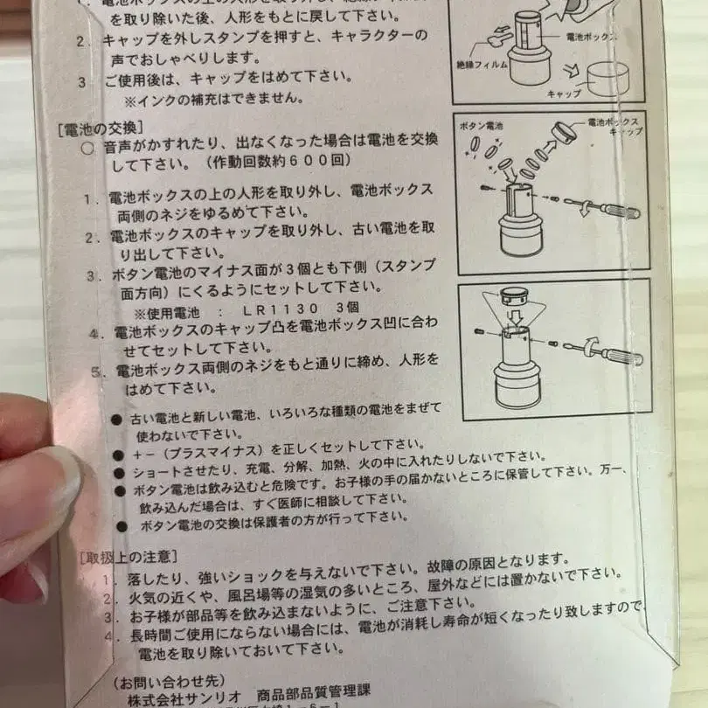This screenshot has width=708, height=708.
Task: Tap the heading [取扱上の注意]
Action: tap(128, 556)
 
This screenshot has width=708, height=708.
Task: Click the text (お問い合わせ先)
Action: tap(158, 679)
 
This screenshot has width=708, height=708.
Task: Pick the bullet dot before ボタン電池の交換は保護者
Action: tap(121, 526)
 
